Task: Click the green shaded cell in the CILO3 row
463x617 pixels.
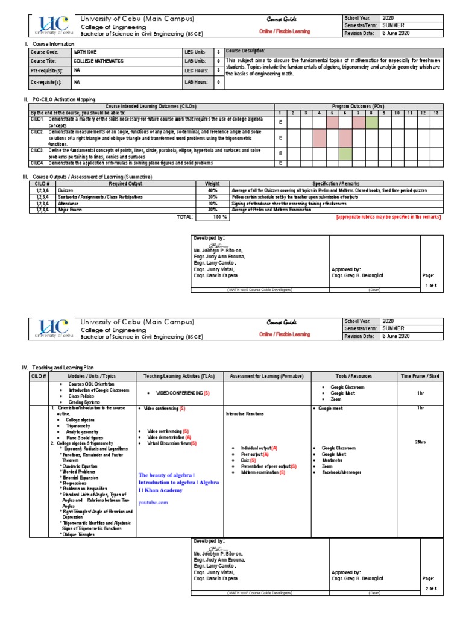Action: pyautogui.click(x=345, y=154)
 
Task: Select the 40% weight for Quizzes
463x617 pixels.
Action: pyautogui.click(x=212, y=190)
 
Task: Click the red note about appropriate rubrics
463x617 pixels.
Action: pyautogui.click(x=388, y=216)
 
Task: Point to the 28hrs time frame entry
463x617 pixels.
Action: pyautogui.click(x=421, y=442)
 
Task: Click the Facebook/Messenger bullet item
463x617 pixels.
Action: pyautogui.click(x=341, y=472)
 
